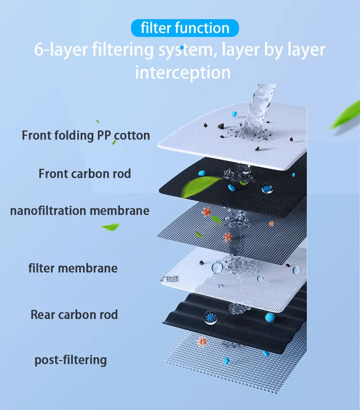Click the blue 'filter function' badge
pyautogui.click(x=184, y=28)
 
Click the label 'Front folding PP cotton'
pyautogui.click(x=86, y=135)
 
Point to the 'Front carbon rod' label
pyautogui.click(x=84, y=173)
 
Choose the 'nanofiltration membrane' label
pyautogui.click(x=80, y=211)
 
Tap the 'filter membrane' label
pyautogui.click(x=73, y=268)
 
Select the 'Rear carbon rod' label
pyautogui.click(x=74, y=315)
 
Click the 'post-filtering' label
pyautogui.click(x=71, y=360)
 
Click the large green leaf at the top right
pyautogui.click(x=345, y=115)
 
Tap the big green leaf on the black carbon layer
pyautogui.click(x=206, y=184)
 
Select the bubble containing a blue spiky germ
pyautogui.click(x=210, y=316)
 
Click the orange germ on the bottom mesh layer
pyautogui.click(x=203, y=341)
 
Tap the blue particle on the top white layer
pyautogui.click(x=235, y=115)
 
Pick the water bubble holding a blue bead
pyautogui.click(x=267, y=188)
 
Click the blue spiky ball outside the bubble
pyautogui.click(x=270, y=316)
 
